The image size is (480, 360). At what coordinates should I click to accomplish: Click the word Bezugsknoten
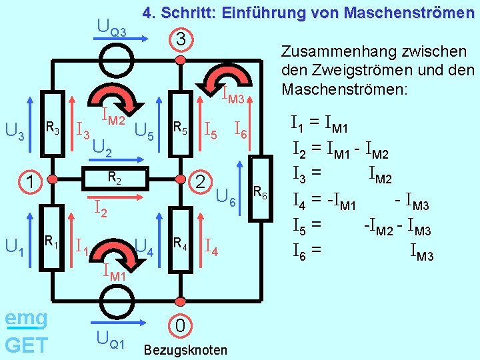tap(185, 350)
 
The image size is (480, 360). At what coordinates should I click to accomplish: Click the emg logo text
tap(25, 319)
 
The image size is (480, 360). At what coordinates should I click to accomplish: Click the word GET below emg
tap(25, 345)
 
